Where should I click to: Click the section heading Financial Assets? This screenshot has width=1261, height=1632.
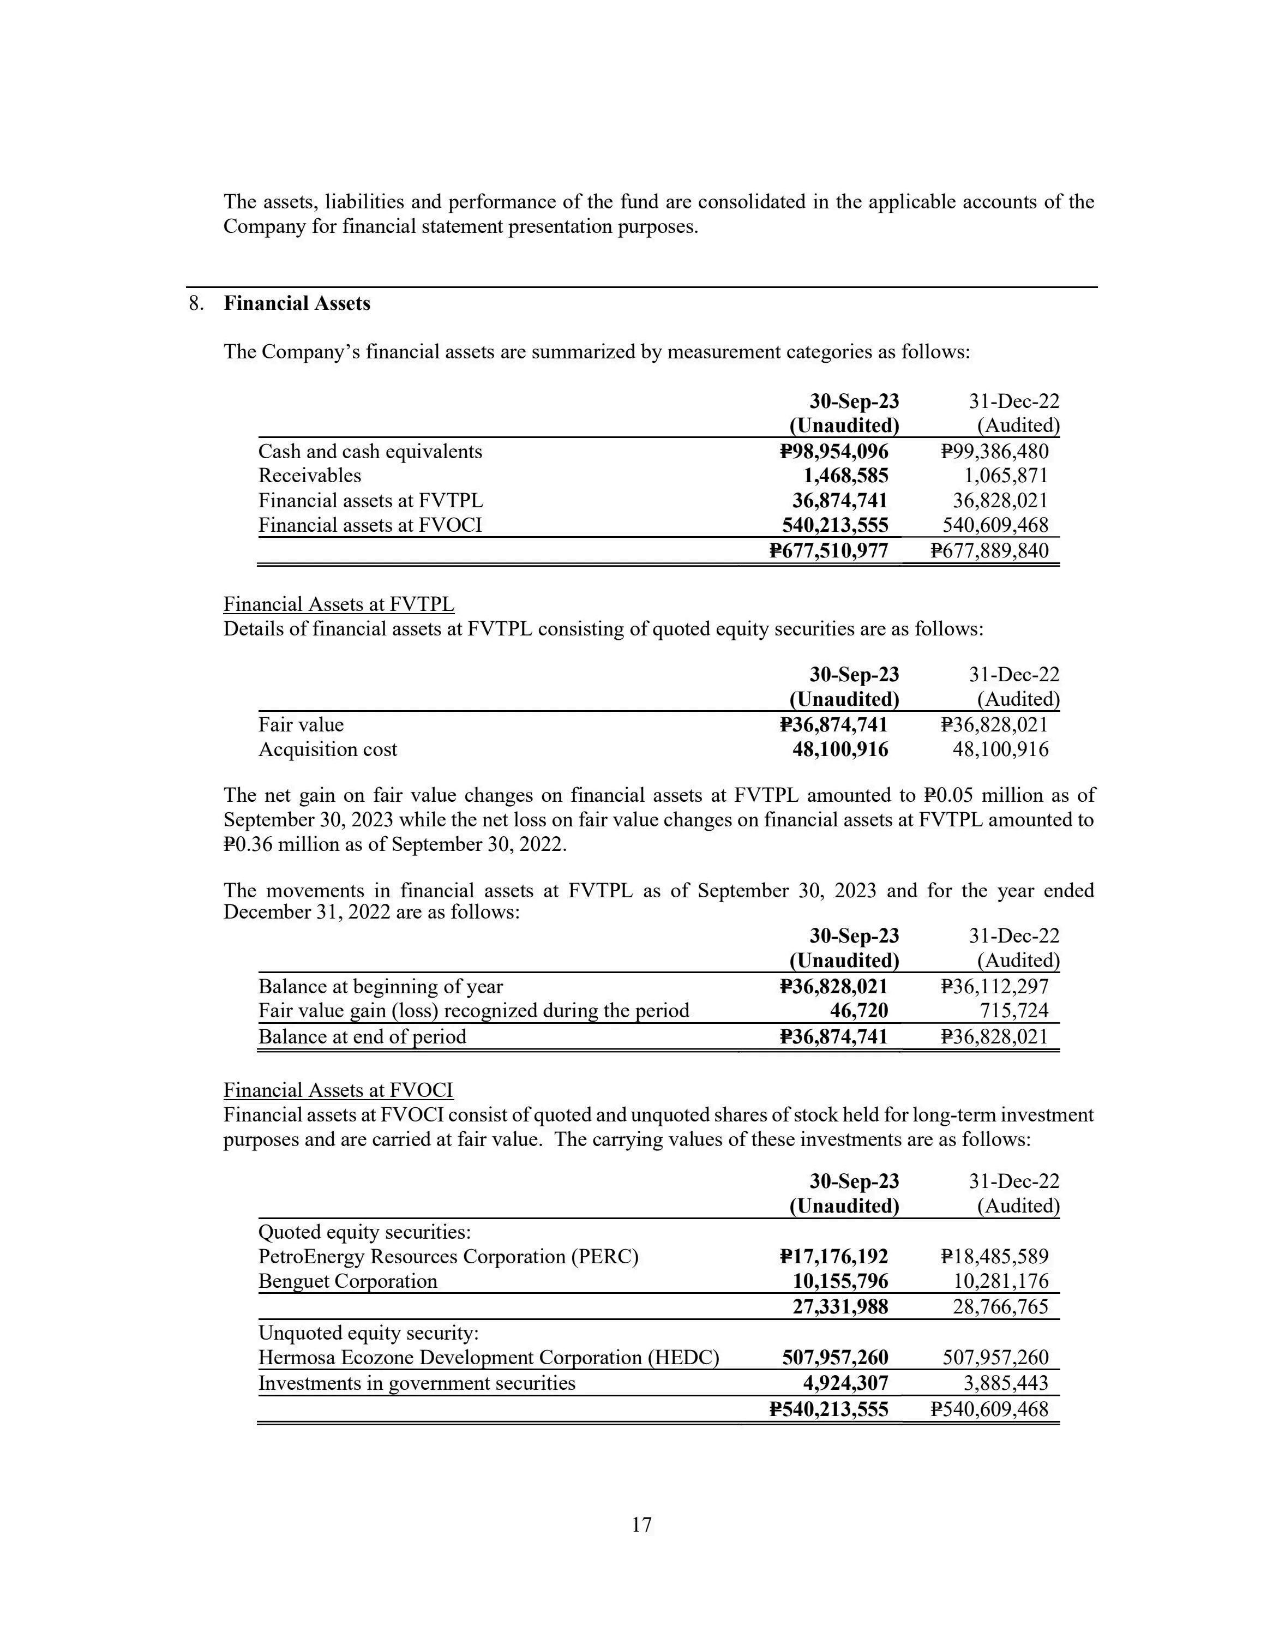point(297,303)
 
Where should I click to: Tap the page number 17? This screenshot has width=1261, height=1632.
point(642,1525)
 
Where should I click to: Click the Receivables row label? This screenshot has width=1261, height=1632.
point(309,476)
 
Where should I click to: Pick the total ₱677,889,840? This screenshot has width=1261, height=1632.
point(990,551)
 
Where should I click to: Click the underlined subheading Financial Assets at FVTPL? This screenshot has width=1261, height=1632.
point(338,604)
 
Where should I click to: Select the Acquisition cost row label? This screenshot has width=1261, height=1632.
point(327,749)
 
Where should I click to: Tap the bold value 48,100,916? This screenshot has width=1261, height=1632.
point(840,749)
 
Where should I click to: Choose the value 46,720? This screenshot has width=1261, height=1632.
point(859,1011)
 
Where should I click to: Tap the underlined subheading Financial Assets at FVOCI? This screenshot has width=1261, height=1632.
point(338,1090)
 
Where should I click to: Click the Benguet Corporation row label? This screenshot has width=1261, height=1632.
point(347,1281)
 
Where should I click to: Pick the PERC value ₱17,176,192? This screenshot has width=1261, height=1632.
point(834,1256)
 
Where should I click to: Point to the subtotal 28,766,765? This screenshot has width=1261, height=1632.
point(1001,1306)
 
